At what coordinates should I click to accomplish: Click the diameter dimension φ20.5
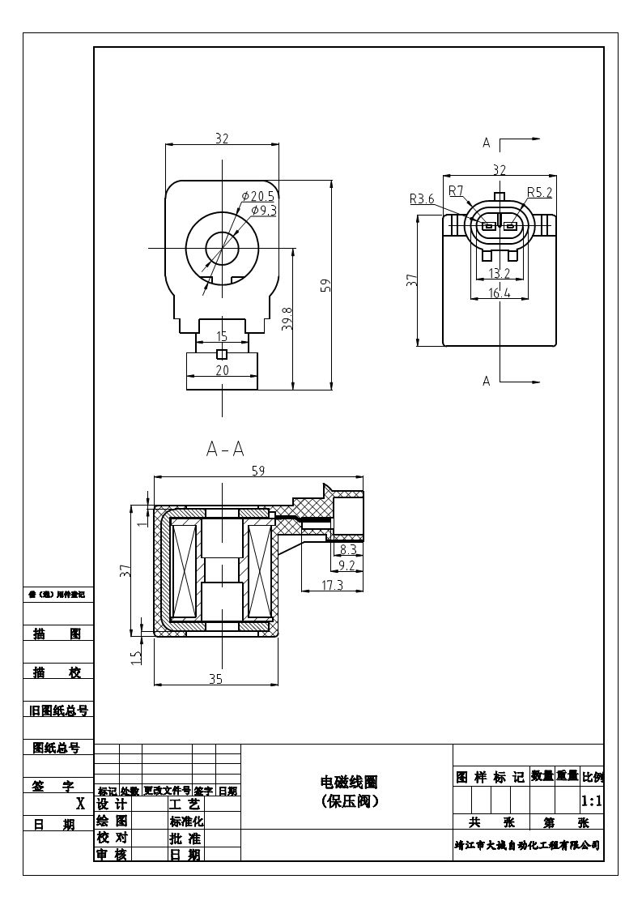coord(258,197)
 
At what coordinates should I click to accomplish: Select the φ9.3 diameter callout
coord(264,211)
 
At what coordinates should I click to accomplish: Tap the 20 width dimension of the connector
coord(222,370)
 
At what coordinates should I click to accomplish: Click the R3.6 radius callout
coord(422,198)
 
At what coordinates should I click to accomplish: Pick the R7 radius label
coord(456,191)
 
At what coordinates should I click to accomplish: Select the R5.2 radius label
coord(539,192)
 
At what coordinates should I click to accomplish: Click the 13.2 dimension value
coord(499,274)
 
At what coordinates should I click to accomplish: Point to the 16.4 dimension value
coord(499,293)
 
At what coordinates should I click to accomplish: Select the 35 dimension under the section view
coord(215,679)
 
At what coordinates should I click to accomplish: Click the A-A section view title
coord(225,449)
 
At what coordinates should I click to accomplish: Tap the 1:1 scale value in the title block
coord(592,801)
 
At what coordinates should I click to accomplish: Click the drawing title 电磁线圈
coord(349,782)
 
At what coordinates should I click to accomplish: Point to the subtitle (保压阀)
coord(349,801)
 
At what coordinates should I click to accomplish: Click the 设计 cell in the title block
coord(112,804)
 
